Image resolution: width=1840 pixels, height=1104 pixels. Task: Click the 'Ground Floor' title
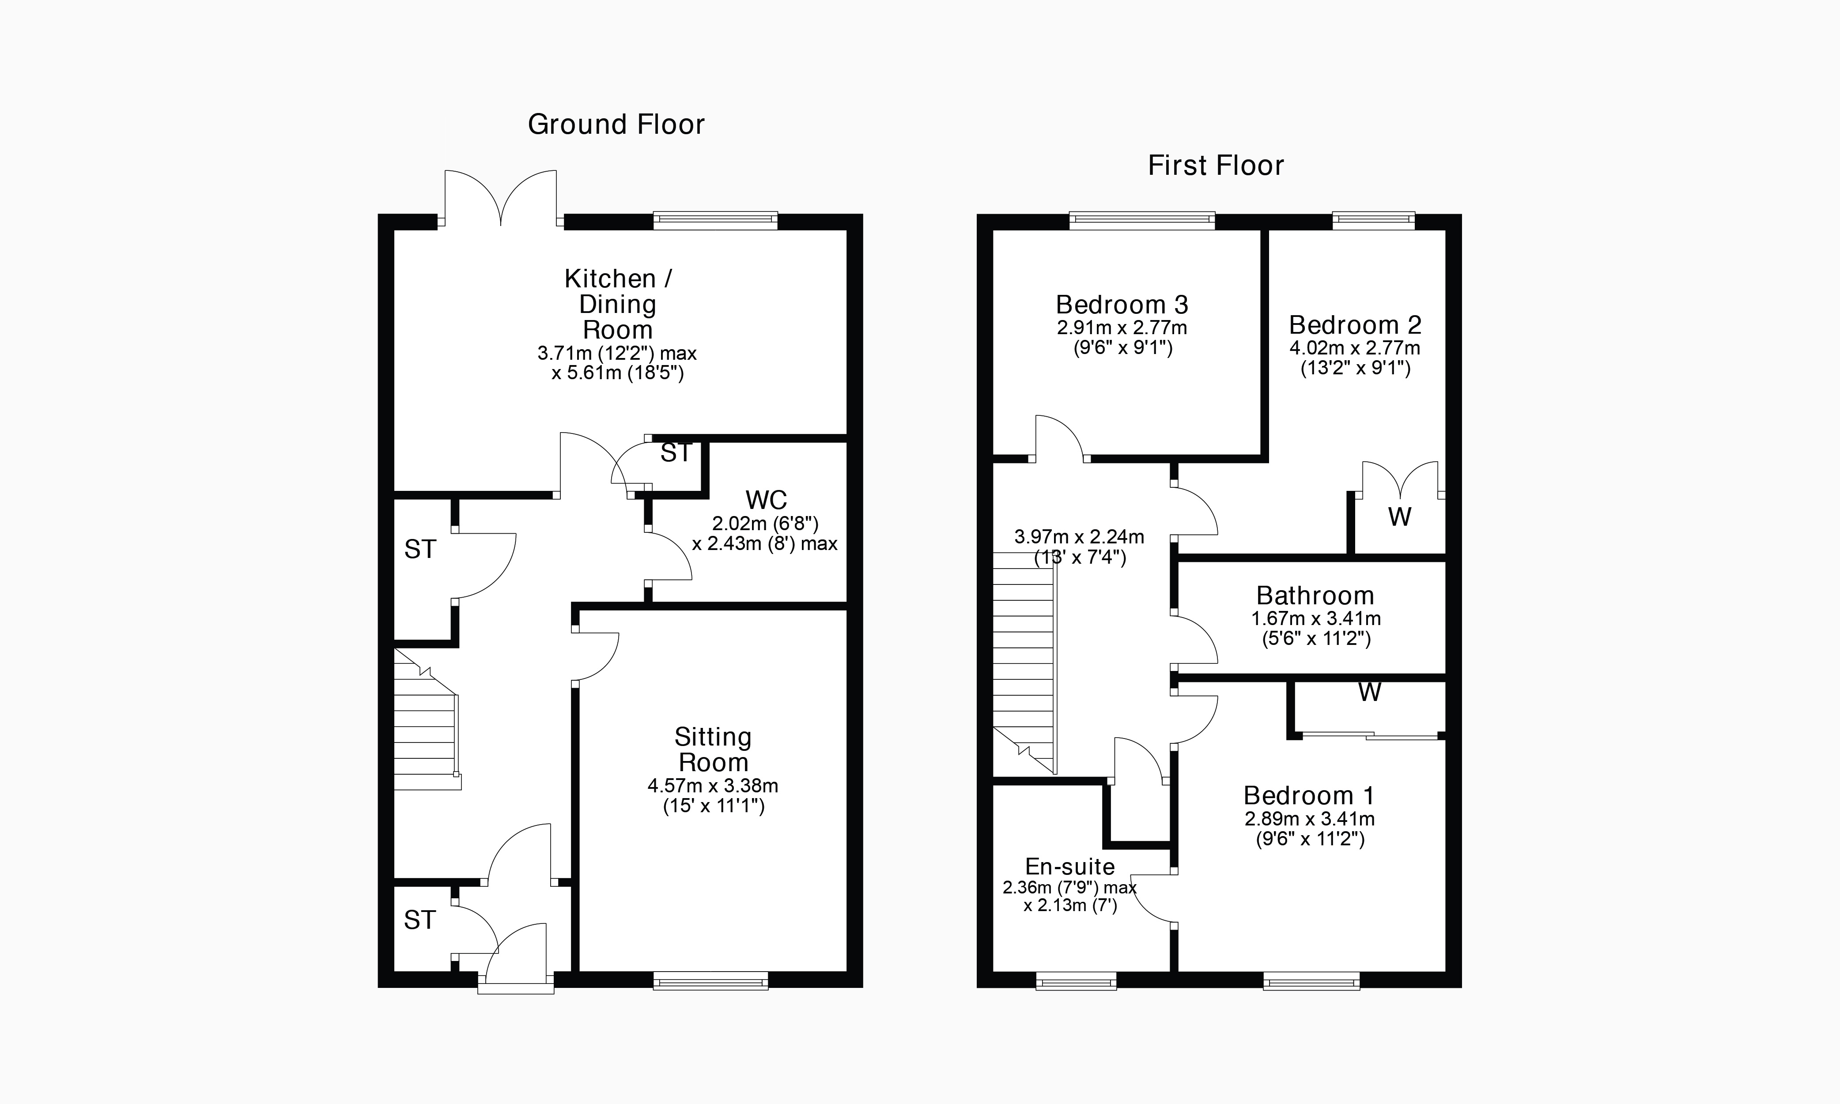click(616, 124)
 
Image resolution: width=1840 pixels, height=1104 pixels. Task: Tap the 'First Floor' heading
click(1216, 165)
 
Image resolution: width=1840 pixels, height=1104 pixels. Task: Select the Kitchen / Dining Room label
click(618, 304)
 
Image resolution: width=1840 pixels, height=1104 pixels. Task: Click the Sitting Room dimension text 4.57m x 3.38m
click(713, 786)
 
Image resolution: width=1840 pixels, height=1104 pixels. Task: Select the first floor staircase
click(1024, 662)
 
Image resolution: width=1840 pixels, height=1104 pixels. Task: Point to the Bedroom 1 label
click(1309, 795)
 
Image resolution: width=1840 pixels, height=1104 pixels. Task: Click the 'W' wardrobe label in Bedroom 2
click(1399, 517)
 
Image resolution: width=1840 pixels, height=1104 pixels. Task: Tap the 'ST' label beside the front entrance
click(419, 920)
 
